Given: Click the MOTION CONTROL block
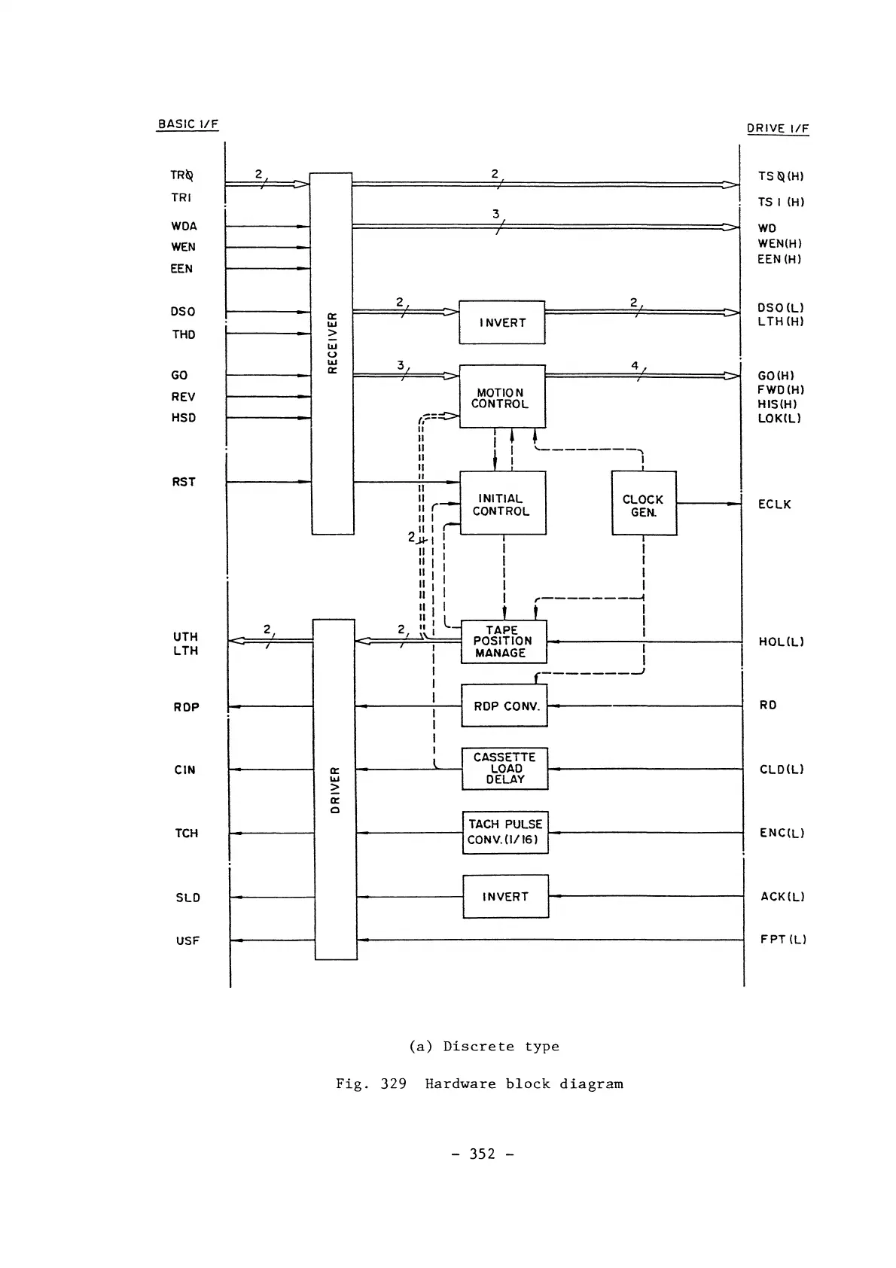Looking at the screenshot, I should [x=502, y=397].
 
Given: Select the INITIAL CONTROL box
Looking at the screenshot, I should [x=502, y=503].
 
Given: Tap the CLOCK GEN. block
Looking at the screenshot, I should [x=644, y=504].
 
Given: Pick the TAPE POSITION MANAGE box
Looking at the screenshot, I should [x=503, y=642].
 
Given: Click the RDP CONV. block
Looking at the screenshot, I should [x=504, y=706].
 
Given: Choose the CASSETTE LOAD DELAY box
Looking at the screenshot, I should [x=504, y=769].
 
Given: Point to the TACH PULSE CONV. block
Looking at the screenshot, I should [x=505, y=832].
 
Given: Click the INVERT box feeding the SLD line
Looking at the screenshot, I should [x=505, y=896].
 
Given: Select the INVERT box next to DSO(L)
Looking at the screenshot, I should [x=501, y=322].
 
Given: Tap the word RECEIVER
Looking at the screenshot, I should [x=333, y=343].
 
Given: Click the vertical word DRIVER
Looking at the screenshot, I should [x=336, y=790].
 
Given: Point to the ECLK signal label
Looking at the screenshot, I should [x=774, y=504].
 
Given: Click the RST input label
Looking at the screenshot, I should [x=184, y=482].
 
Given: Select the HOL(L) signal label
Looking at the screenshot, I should [x=781, y=642].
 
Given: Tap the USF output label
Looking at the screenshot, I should [x=187, y=940].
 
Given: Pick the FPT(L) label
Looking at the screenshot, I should [x=783, y=940].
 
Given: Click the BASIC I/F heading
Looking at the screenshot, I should [x=187, y=124].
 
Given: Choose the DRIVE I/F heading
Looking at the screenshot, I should [x=778, y=129].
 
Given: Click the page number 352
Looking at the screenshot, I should [x=483, y=1154].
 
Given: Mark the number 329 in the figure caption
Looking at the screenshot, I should [x=393, y=1084].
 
